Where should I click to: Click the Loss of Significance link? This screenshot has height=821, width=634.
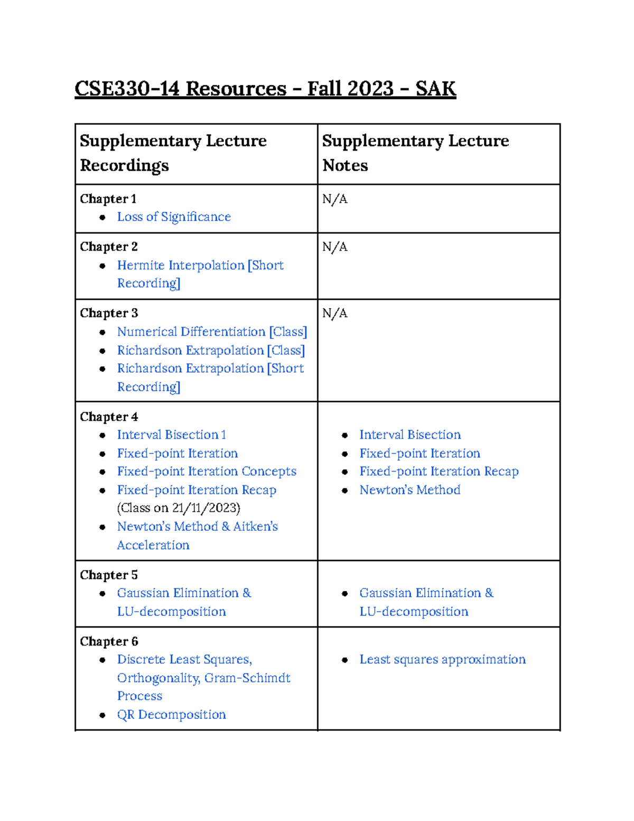[174, 217]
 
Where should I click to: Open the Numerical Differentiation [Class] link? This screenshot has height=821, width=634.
[211, 331]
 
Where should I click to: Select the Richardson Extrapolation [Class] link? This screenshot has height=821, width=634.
[210, 350]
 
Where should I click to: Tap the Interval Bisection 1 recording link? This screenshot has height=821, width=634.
[171, 435]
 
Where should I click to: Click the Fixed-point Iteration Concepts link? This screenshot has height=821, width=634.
[207, 471]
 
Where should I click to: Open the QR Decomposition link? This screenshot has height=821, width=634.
[171, 714]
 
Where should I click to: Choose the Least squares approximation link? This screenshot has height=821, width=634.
[442, 659]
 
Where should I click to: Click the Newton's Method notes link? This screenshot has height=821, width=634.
[409, 490]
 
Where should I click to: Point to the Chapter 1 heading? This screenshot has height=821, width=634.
[108, 199]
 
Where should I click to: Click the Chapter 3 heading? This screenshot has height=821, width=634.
[109, 313]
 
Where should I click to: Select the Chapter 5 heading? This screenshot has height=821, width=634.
[109, 575]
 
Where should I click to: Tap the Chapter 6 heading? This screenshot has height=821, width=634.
[109, 641]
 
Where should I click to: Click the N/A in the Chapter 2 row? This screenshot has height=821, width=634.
[335, 247]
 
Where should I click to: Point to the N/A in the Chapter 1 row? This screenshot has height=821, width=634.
[335, 199]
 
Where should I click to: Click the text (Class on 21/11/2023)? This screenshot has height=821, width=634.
[179, 508]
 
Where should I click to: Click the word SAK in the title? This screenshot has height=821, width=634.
[435, 88]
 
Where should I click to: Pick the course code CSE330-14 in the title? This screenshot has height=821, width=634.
[127, 88]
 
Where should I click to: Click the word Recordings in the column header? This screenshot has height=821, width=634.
[124, 165]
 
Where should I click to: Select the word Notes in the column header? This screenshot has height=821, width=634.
[345, 165]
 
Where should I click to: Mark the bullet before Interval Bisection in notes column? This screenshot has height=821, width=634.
[344, 436]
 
